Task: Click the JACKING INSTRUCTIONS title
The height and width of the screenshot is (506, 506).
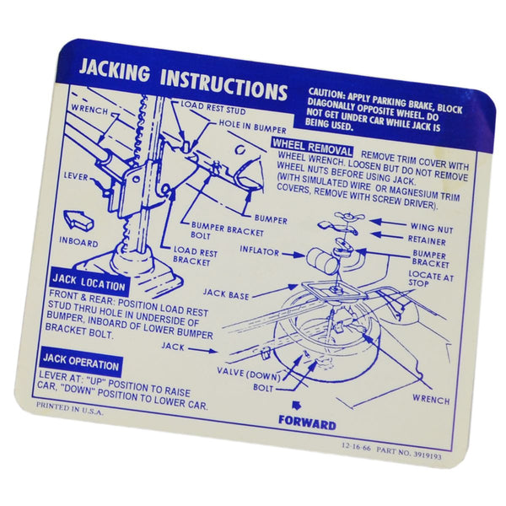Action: pyautogui.click(x=182, y=83)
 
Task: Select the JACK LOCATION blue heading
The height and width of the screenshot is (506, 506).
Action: pyautogui.click(x=89, y=283)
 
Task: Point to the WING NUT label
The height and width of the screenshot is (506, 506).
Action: pyautogui.click(x=430, y=227)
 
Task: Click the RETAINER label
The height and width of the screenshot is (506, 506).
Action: pyautogui.click(x=429, y=240)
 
